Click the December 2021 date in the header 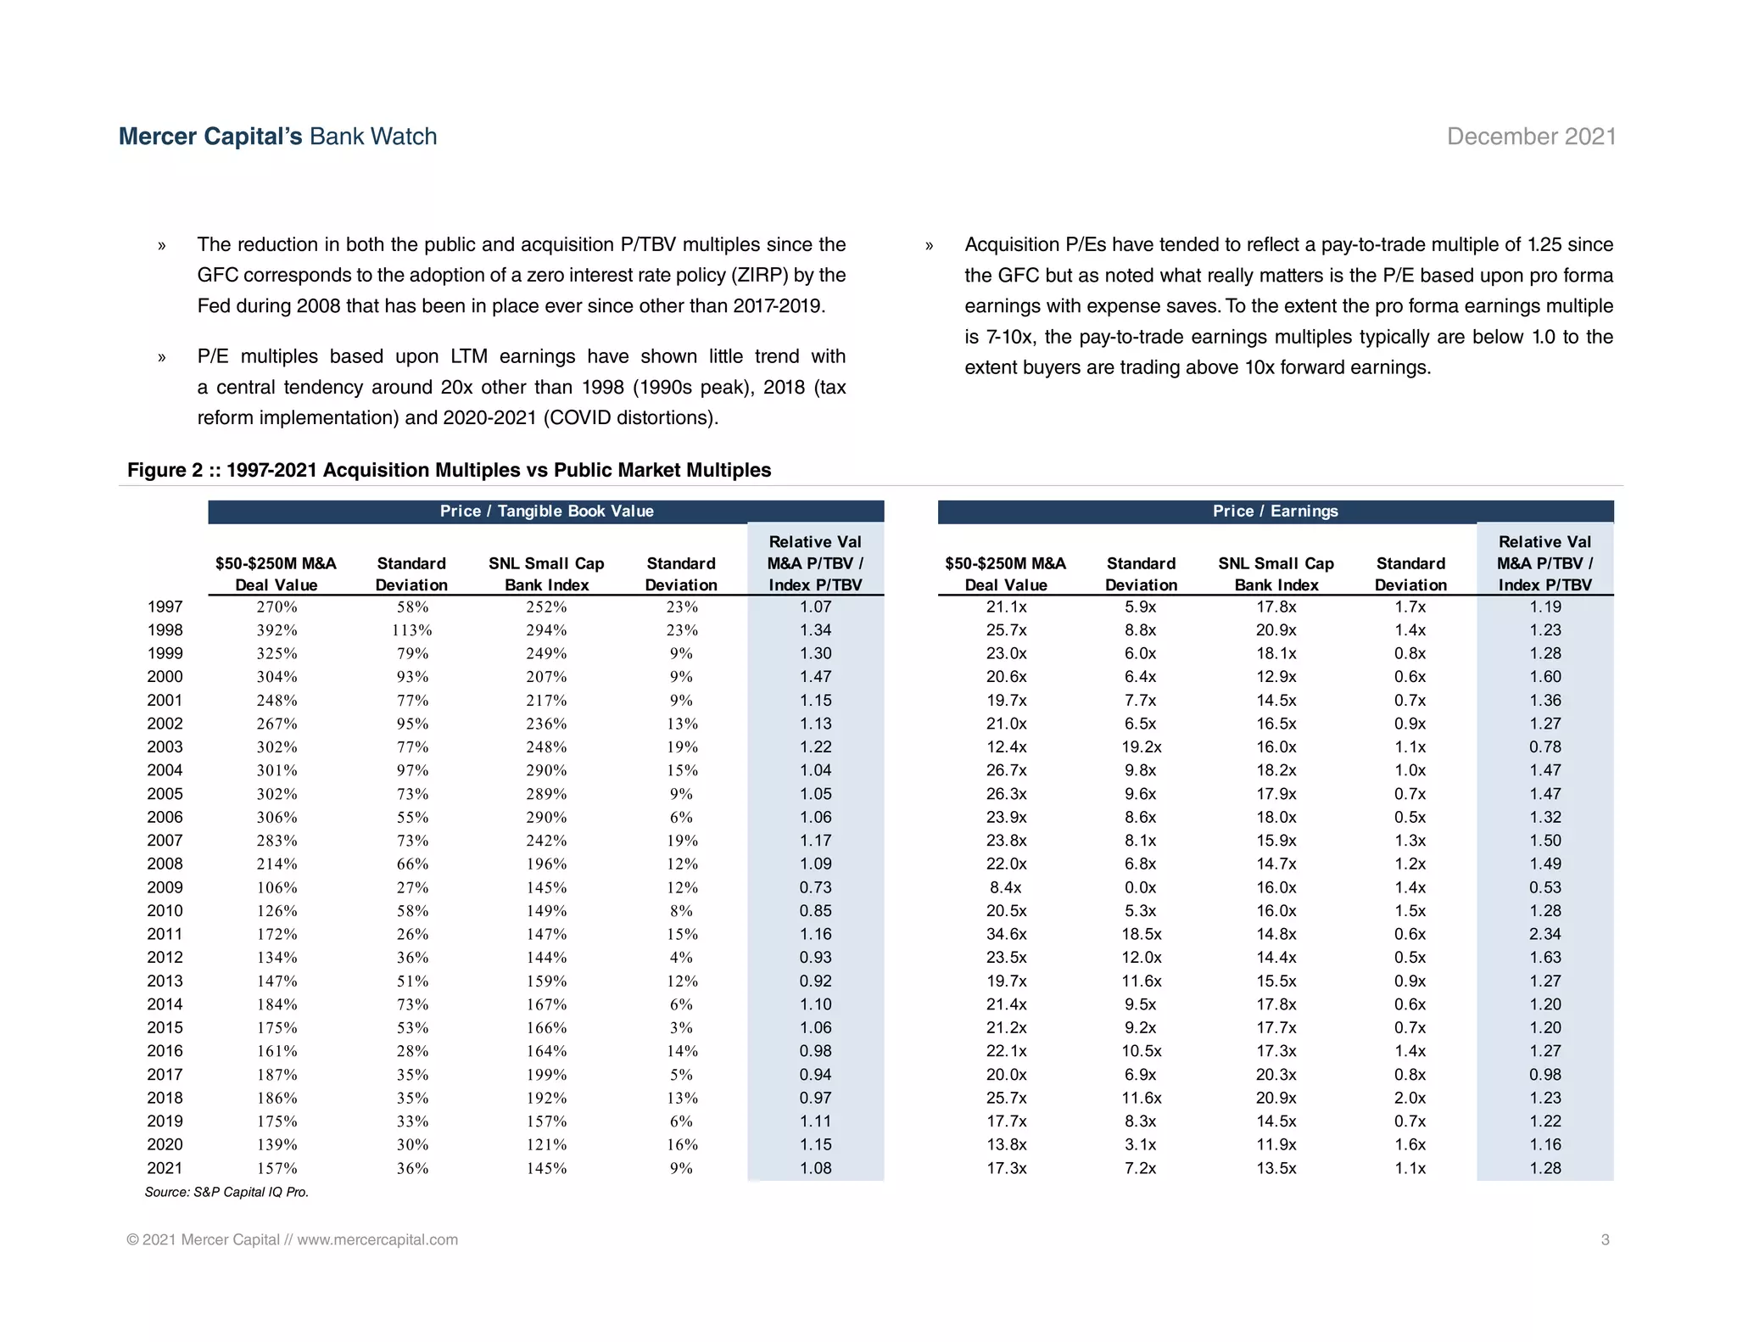[x=1531, y=137]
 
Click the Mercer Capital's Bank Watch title [x=277, y=137]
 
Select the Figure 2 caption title [x=449, y=470]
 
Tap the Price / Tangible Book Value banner [x=546, y=511]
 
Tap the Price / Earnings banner [x=1275, y=511]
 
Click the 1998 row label [x=165, y=630]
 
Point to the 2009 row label [x=165, y=887]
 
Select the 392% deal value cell [x=276, y=630]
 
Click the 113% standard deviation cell [x=411, y=630]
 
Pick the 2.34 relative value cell [x=1544, y=934]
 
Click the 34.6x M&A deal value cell [x=1006, y=934]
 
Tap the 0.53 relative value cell [x=1544, y=887]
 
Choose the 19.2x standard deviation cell [x=1141, y=747]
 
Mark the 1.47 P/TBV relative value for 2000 [x=815, y=677]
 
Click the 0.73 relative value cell [x=815, y=887]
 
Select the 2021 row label [x=165, y=1168]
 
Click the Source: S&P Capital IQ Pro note [x=226, y=1192]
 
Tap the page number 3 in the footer [x=1605, y=1239]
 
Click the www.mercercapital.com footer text [x=377, y=1239]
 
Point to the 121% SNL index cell [x=546, y=1144]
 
